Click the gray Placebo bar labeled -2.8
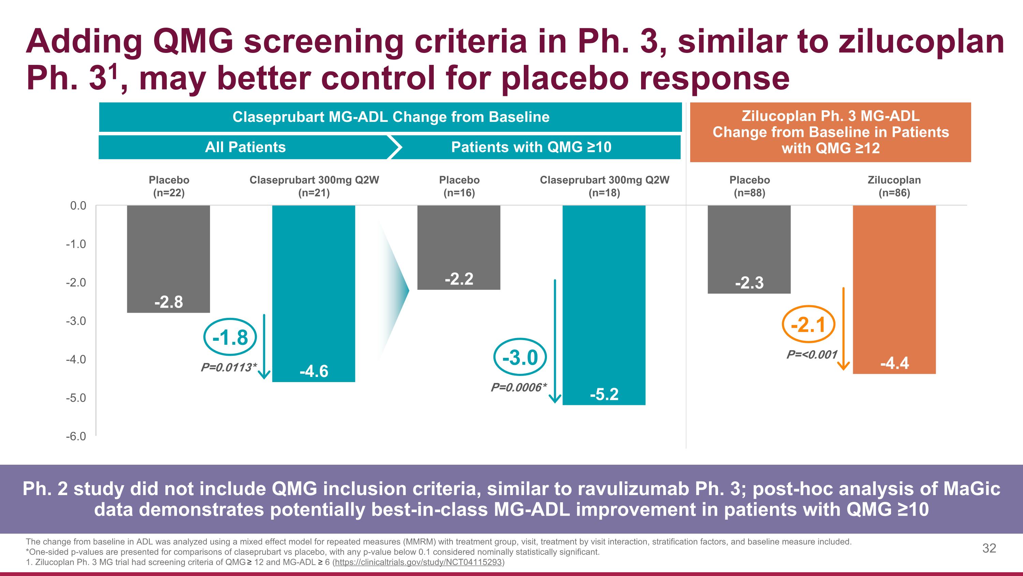168,259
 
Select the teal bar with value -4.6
314,293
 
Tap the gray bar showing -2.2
459,247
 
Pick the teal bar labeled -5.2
604,305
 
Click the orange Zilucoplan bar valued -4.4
894,290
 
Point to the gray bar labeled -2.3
749,249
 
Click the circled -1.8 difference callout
230,337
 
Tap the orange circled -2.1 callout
809,324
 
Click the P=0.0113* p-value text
229,367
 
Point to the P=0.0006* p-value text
519,387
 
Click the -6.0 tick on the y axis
76,436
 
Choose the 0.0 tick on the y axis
78,206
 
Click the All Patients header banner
246,147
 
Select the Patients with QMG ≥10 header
531,147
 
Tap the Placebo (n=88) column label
750,186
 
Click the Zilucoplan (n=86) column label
894,186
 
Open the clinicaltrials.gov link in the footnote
418,562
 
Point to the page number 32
989,548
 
